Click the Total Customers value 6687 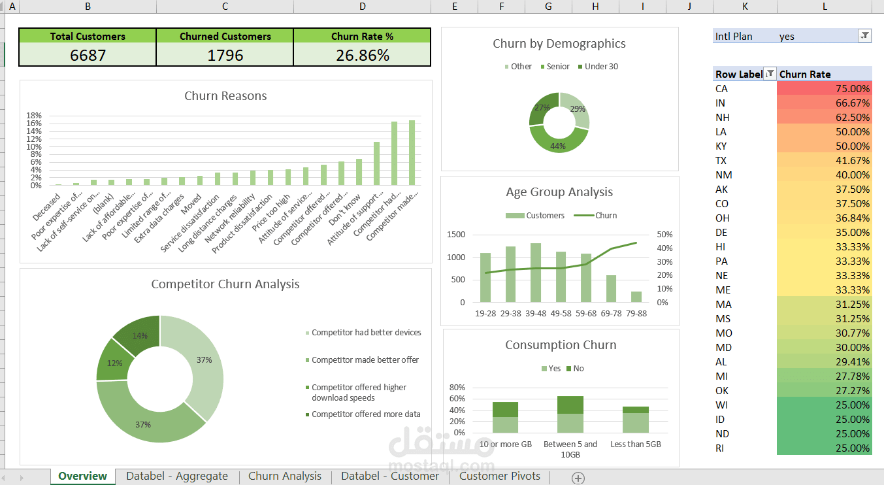88,56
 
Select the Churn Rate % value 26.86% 362,56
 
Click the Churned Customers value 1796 225,56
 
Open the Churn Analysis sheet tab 285,476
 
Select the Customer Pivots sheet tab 500,476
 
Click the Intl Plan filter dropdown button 864,36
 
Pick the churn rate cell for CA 824,89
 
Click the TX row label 721,161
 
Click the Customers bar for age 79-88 636,297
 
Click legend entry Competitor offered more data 366,414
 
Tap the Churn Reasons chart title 225,96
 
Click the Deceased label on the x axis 47,207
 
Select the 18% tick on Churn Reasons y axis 34,115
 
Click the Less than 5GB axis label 636,444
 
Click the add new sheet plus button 578,478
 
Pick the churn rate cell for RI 824,448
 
